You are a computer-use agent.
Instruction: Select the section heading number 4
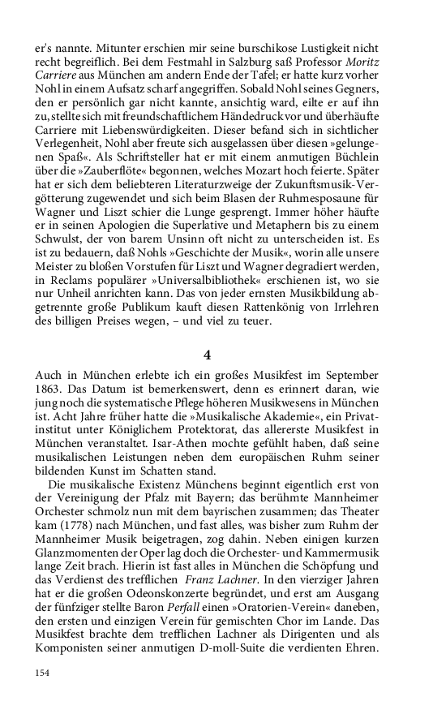[x=207, y=354]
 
